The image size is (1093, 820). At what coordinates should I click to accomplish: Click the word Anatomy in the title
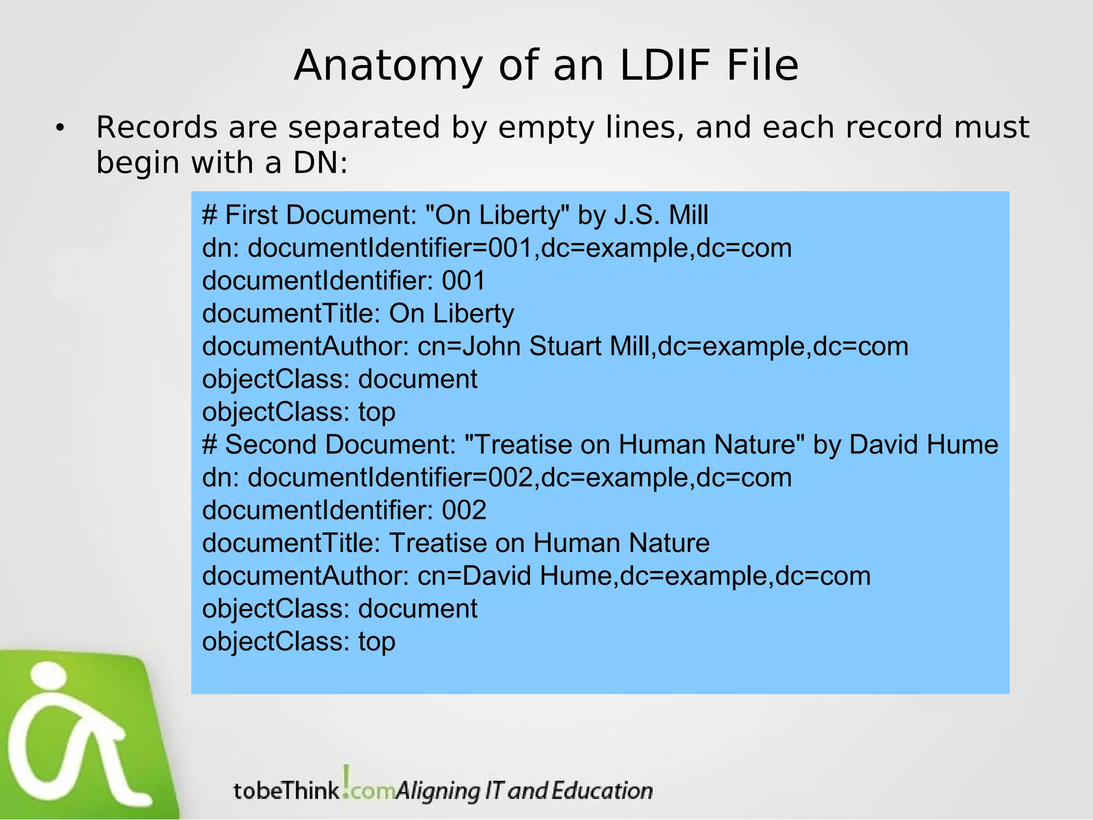(x=388, y=66)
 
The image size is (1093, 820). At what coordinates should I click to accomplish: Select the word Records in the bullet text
(x=157, y=128)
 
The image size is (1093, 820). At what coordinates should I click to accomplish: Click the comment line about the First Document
(x=455, y=215)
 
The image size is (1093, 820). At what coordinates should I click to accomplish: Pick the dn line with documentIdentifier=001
(x=496, y=248)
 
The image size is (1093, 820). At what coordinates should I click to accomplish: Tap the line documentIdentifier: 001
(x=344, y=281)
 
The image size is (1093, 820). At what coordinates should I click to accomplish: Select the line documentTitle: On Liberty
(x=358, y=313)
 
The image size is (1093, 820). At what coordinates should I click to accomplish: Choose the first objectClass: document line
(x=339, y=379)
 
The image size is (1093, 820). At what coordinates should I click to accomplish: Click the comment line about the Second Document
(x=600, y=445)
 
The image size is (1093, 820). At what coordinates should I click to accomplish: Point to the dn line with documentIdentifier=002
(x=496, y=477)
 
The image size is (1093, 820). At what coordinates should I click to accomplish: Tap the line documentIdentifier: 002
(x=344, y=510)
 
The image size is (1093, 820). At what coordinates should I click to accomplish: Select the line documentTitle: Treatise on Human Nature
(x=456, y=543)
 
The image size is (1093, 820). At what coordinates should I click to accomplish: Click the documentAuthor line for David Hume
(x=536, y=576)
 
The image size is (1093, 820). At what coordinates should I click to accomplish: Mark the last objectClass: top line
(x=298, y=641)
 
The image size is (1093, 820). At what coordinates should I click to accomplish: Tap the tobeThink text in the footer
(x=287, y=790)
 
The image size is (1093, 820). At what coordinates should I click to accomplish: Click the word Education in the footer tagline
(x=602, y=791)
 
